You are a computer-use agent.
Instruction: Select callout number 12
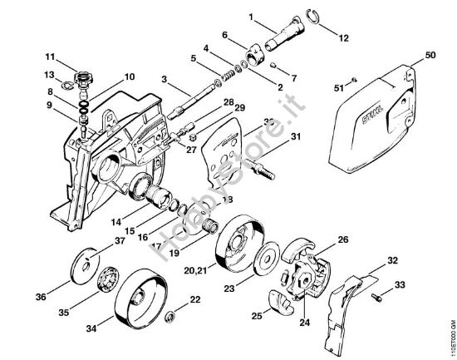[x=345, y=37]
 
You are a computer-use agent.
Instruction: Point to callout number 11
[x=49, y=57]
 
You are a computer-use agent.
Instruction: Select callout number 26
[x=342, y=241]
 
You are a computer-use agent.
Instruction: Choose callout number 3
[x=165, y=79]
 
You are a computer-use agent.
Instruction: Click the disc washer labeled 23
[x=266, y=260]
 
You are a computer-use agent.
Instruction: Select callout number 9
[x=51, y=105]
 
